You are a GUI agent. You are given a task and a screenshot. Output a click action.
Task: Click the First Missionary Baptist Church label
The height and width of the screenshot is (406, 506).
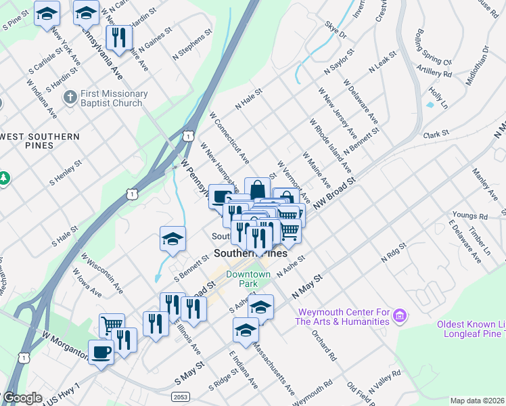point(114,98)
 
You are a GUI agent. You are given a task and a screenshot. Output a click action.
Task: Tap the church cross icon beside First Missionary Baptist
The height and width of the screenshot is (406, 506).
point(69,98)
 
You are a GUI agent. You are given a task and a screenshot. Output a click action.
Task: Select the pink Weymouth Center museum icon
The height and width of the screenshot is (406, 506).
point(400,315)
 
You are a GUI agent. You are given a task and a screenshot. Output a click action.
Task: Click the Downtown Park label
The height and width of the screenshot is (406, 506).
point(248,279)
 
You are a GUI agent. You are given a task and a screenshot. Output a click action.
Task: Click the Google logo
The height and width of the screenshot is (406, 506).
point(22,398)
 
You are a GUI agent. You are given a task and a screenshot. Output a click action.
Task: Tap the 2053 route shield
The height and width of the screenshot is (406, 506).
point(180,397)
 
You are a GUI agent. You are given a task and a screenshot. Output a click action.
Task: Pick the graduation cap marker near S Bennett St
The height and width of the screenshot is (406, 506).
point(173,238)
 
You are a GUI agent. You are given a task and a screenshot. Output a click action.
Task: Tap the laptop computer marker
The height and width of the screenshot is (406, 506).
point(221,197)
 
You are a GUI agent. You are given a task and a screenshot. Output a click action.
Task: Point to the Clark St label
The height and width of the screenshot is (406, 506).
point(436,135)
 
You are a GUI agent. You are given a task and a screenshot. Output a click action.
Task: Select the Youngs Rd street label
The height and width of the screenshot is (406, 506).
point(469,216)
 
